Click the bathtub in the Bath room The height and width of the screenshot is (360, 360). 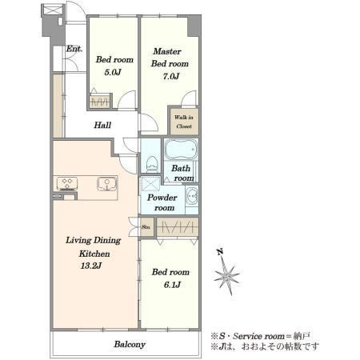click(181, 150)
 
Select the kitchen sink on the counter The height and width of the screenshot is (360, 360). click(106, 184)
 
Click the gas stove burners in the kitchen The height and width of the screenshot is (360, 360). click(67, 184)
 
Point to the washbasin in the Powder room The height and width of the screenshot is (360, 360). click(191, 196)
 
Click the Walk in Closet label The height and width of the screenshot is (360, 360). click(184, 122)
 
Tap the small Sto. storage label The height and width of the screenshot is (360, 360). click(146, 227)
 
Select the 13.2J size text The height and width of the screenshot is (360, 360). click(90, 266)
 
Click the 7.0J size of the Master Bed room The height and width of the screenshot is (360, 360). click(171, 76)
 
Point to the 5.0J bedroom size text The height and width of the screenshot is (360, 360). click(113, 72)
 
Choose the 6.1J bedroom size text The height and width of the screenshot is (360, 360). click(172, 285)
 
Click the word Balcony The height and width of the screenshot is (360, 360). click(130, 344)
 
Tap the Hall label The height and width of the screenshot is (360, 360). click(102, 125)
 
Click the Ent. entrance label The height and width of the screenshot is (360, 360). click(74, 49)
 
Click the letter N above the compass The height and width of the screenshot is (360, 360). click(220, 252)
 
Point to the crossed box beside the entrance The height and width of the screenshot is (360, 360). click(53, 10)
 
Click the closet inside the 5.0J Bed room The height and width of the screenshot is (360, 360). click(99, 101)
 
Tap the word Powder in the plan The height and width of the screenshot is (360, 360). click(162, 198)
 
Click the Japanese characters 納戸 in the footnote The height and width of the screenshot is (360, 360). click(302, 336)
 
